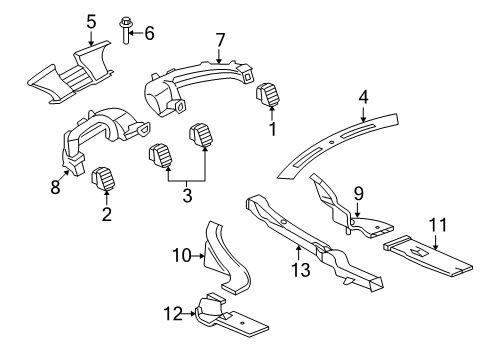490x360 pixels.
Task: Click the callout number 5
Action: (x=90, y=20)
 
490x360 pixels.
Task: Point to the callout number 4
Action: (x=365, y=97)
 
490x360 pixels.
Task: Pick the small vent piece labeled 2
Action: (x=101, y=182)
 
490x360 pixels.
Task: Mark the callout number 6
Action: (x=150, y=34)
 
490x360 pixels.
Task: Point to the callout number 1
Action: (x=269, y=130)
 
